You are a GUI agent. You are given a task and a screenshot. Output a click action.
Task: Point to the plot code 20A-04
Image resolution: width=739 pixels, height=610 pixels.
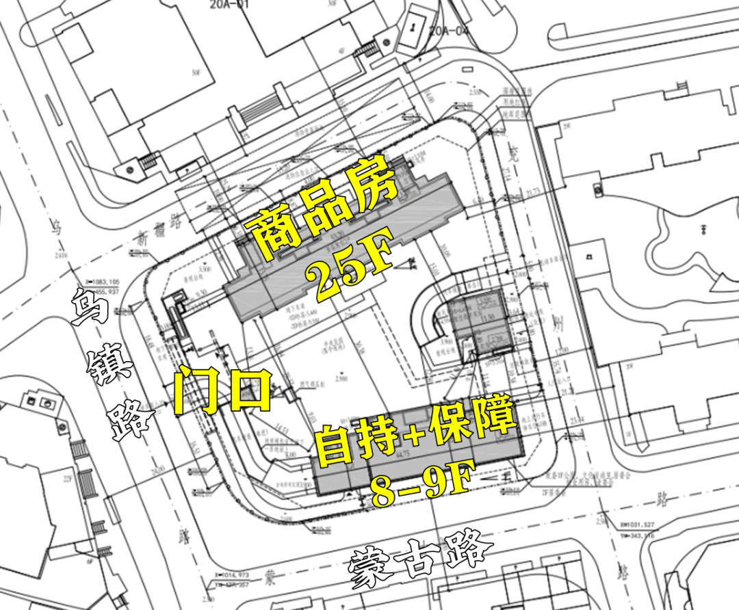[449, 29]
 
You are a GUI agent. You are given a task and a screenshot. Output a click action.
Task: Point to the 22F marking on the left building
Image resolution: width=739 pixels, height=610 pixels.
[68, 479]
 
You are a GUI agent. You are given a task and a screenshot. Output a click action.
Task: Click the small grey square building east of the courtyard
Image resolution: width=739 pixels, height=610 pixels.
[480, 325]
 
